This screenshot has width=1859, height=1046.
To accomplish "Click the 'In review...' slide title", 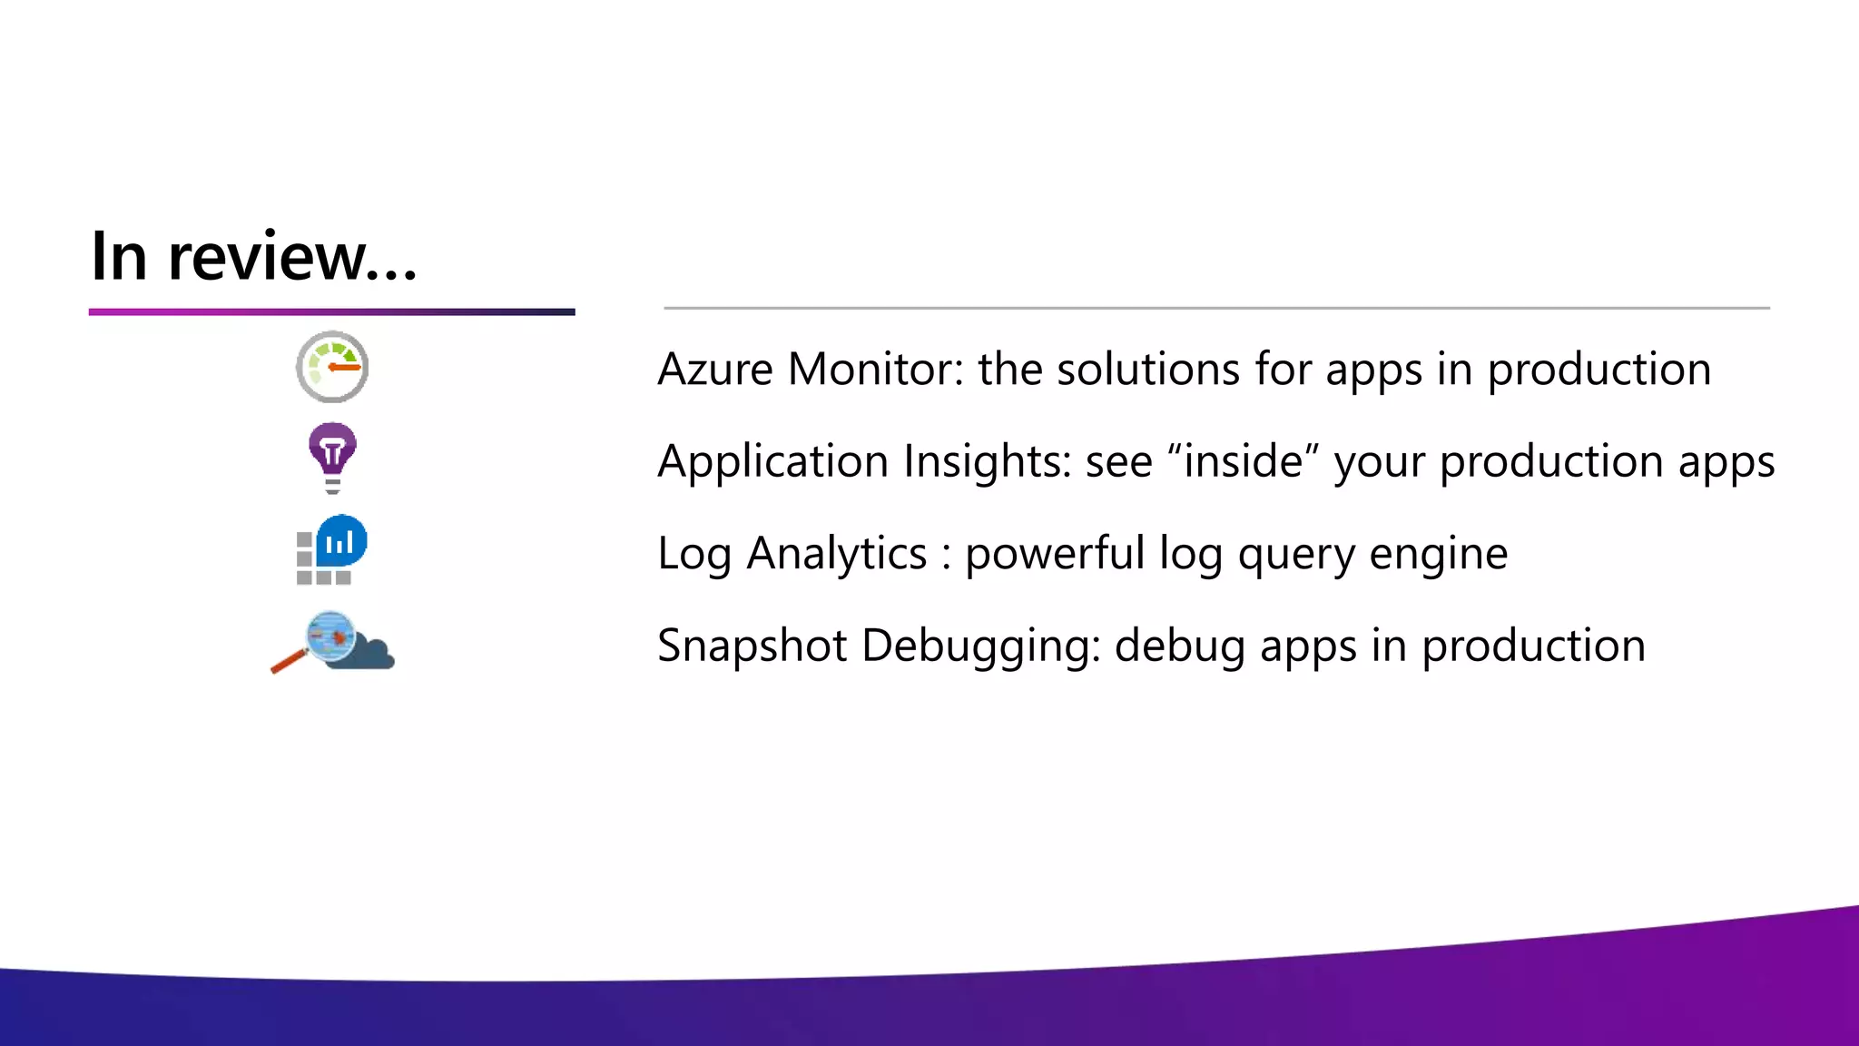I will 253,257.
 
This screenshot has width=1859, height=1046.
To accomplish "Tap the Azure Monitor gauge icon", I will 332,367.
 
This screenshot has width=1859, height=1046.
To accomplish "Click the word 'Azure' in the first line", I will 715,370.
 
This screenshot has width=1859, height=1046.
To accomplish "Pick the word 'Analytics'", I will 836,554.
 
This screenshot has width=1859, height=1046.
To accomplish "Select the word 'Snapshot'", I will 752,646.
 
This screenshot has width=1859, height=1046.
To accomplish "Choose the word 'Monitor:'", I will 875,370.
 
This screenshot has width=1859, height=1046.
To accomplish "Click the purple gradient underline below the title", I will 331,311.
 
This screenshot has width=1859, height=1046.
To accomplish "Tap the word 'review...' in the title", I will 292,257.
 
